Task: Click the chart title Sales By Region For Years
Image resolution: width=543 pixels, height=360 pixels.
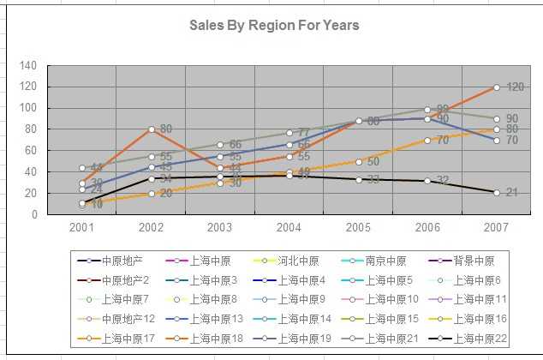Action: click(274, 26)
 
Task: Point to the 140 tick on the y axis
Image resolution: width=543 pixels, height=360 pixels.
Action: click(28, 65)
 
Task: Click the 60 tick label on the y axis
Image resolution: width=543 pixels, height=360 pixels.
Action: click(31, 151)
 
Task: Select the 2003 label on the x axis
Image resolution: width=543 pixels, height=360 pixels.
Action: click(220, 228)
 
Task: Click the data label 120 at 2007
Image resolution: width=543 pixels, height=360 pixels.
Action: click(515, 87)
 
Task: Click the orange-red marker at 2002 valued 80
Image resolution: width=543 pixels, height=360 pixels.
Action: click(152, 129)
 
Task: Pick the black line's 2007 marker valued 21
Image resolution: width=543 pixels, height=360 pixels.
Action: click(496, 193)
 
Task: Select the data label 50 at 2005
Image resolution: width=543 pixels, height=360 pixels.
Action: click(373, 162)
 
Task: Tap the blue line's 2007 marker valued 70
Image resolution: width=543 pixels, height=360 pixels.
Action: click(496, 140)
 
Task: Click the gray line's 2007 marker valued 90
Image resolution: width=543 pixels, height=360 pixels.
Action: click(496, 118)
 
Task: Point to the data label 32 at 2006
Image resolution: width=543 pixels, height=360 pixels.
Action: click(443, 181)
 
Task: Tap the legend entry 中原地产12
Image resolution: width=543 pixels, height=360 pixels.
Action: click(118, 319)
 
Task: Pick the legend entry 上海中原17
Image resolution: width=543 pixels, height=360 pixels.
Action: click(118, 339)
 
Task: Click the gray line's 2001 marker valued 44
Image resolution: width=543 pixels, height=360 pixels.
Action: click(82, 168)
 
